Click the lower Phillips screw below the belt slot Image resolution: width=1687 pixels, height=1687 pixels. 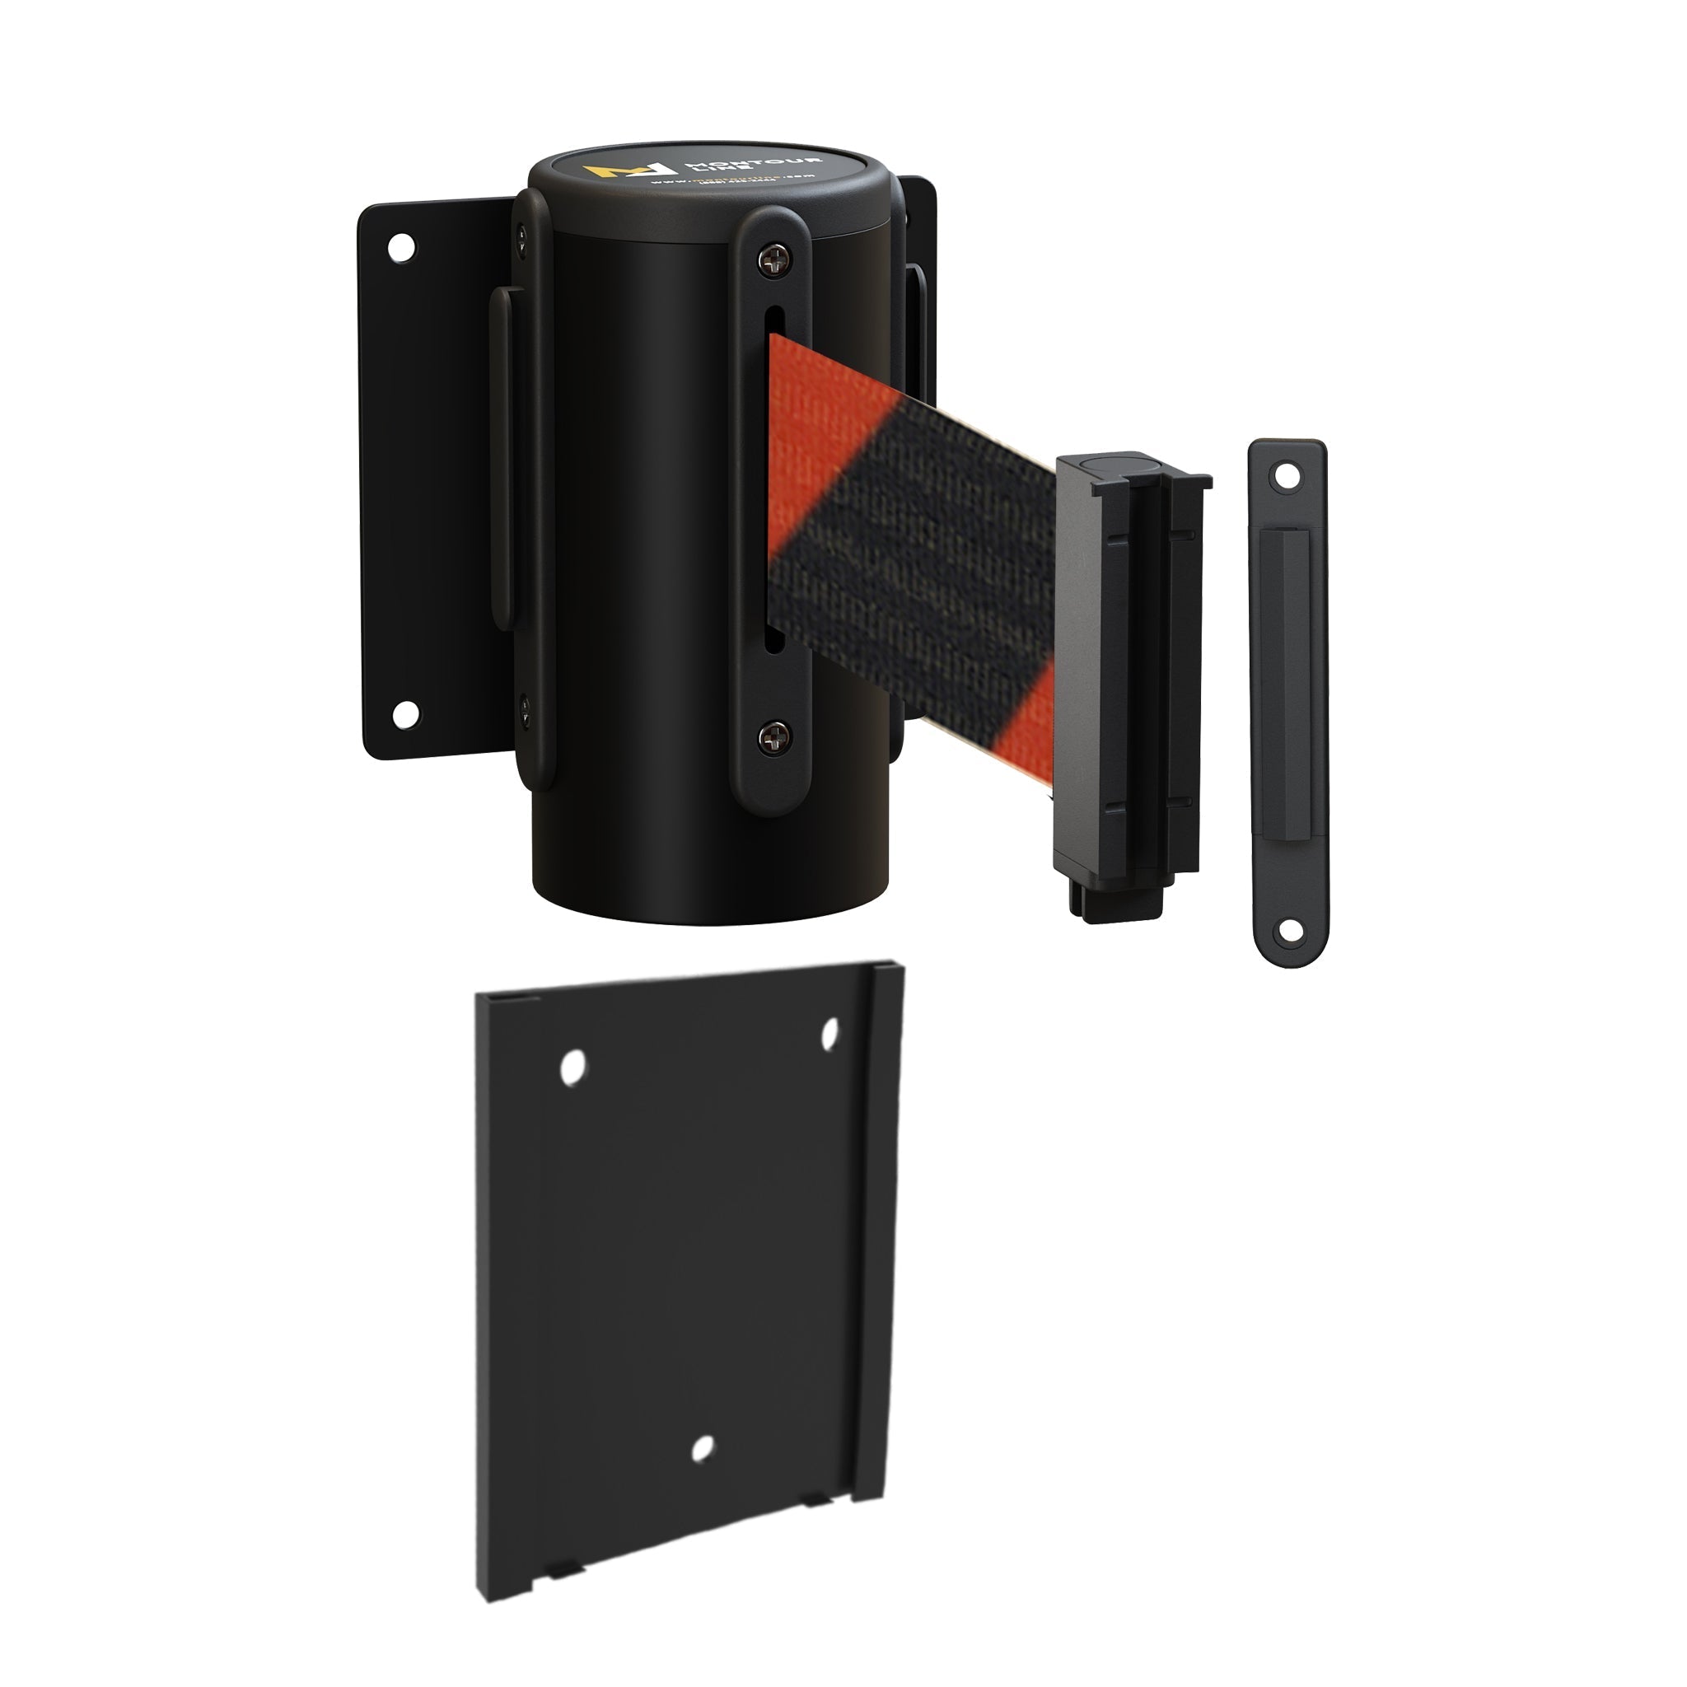[x=771, y=737]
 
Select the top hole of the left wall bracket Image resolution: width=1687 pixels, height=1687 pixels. [x=402, y=247]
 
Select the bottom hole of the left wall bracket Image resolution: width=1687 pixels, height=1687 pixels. [x=404, y=714]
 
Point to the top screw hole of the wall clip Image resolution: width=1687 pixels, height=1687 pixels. [x=1284, y=476]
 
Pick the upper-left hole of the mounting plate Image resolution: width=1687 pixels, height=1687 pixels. [x=572, y=1067]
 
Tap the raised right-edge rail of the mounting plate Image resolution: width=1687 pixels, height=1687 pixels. [x=882, y=1222]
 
